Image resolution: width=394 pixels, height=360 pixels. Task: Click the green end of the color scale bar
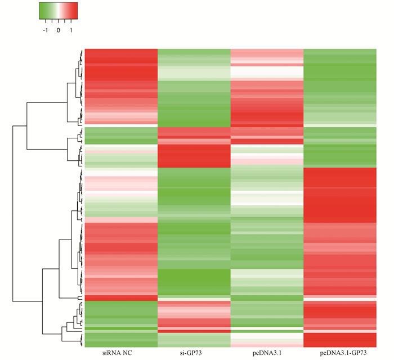coord(41,11)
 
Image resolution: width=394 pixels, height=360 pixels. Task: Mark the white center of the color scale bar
coord(58,11)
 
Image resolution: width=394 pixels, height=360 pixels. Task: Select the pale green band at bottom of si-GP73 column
coord(194,340)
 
